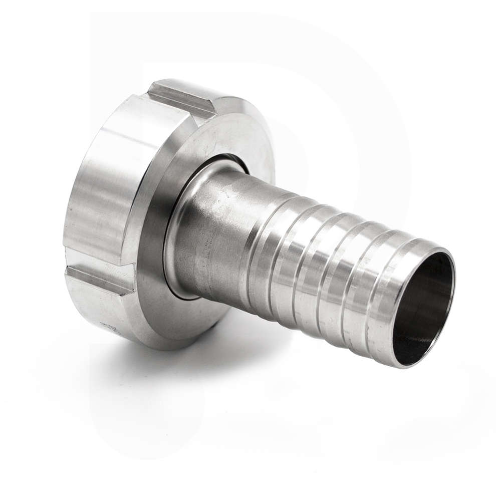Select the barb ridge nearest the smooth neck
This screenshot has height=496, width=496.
click(261, 251)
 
